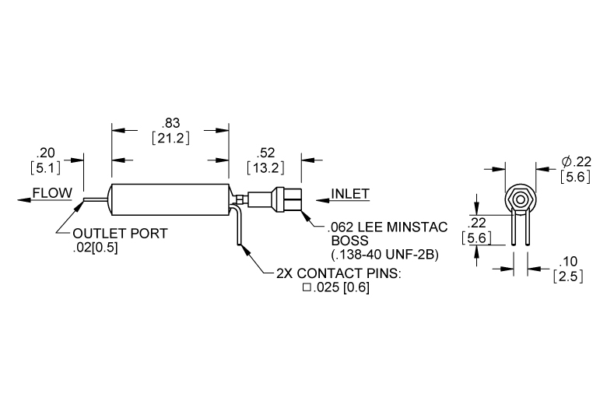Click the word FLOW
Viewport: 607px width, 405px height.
click(52, 192)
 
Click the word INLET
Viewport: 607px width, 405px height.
click(350, 193)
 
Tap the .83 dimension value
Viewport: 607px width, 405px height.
click(170, 123)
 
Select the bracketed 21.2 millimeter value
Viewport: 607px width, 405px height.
click(170, 138)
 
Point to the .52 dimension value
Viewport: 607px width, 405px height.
click(265, 153)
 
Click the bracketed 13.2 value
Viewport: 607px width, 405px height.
click(265, 167)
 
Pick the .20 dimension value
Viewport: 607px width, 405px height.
click(46, 153)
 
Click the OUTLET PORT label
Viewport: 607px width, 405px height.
click(120, 234)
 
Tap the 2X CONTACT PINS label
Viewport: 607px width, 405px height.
click(339, 273)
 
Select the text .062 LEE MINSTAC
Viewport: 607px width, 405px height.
click(388, 227)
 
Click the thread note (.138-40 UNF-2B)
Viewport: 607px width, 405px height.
click(384, 255)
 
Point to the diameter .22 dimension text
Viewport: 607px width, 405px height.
click(577, 162)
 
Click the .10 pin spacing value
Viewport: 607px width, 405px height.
click(568, 262)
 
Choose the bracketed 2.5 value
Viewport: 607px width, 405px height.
click(568, 276)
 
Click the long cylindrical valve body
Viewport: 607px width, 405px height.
click(170, 199)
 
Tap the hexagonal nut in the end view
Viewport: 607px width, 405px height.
click(521, 199)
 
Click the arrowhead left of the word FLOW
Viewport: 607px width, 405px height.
click(24, 200)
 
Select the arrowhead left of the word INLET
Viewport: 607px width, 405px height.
click(322, 200)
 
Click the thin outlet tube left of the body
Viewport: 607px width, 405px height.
click(94, 199)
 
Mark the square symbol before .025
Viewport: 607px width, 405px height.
click(307, 287)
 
